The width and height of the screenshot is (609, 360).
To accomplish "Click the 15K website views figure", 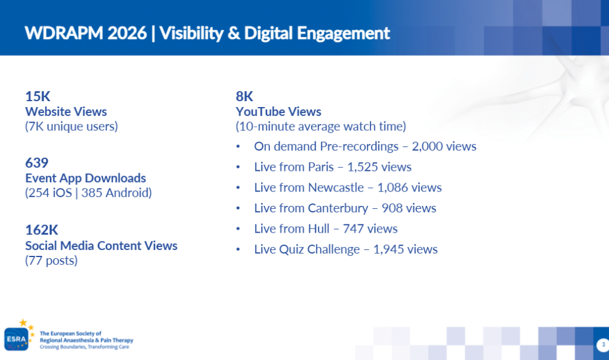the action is [37, 96].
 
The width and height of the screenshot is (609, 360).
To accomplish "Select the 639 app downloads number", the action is [37, 162].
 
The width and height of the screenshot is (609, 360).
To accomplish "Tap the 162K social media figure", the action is [42, 230].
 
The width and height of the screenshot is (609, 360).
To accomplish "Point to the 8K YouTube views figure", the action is [244, 96].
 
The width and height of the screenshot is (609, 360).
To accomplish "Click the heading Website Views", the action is [66, 112].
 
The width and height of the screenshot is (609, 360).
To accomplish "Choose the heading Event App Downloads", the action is [86, 178].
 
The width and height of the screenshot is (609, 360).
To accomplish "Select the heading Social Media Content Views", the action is [101, 246].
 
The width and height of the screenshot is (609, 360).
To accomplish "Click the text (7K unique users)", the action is [71, 126].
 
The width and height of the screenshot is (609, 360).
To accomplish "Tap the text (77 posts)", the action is [51, 261].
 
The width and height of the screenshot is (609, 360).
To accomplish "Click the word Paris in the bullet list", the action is [321, 167].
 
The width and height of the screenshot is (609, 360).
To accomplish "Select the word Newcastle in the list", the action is [336, 187].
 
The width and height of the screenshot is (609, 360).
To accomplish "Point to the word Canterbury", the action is [338, 208].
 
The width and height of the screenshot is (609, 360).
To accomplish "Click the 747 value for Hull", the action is [353, 228].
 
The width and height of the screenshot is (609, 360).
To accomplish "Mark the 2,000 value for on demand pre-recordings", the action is [427, 146].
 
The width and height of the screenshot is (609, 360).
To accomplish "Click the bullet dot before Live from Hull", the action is [238, 228].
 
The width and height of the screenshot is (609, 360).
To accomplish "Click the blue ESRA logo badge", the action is [16, 339].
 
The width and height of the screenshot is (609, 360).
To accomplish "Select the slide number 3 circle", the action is [603, 345].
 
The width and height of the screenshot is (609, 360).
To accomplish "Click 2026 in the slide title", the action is [127, 33].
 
